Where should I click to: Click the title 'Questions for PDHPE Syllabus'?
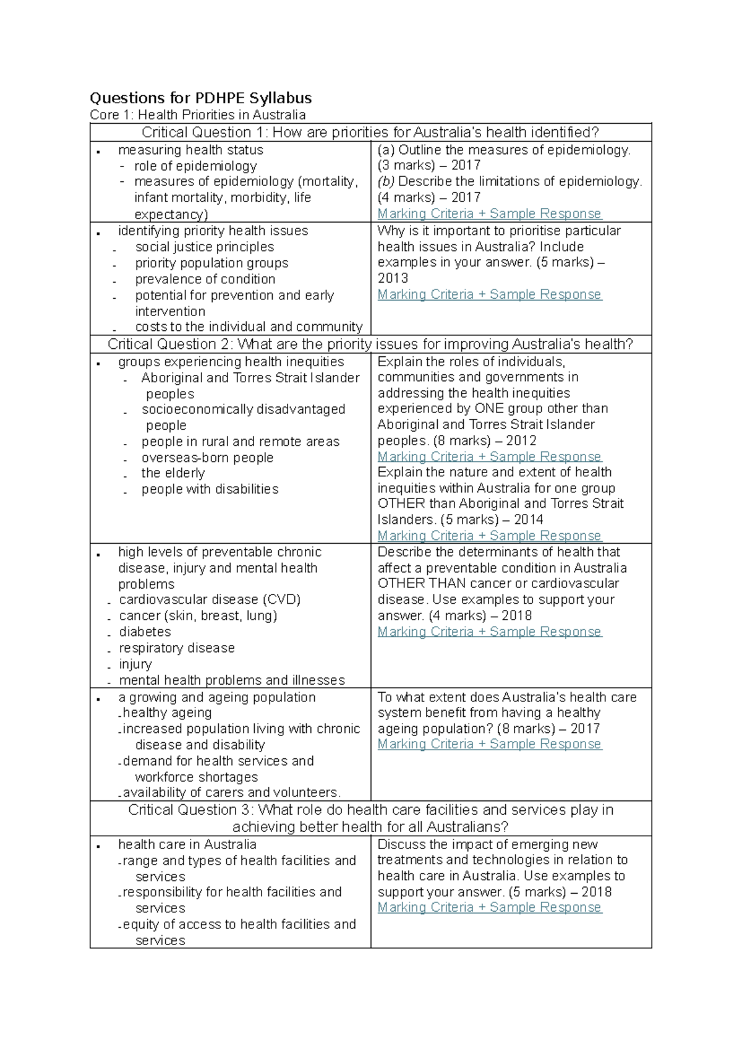200,98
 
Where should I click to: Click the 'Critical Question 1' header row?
370,132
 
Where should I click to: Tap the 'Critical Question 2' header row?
370,345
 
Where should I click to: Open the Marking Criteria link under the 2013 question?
489,294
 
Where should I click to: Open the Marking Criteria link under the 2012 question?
489,456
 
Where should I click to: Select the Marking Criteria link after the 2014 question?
489,536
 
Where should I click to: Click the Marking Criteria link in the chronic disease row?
489,632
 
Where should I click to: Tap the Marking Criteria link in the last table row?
489,907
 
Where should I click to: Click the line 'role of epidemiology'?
195,166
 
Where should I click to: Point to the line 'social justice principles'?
205,247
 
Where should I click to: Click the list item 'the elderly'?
173,473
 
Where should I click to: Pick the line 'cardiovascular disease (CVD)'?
210,600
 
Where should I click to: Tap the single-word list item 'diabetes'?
145,632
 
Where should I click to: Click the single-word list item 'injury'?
135,664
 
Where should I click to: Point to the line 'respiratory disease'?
177,648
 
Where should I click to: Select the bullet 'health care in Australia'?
187,845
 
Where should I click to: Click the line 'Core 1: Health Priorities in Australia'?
197,115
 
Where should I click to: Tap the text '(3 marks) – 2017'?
429,165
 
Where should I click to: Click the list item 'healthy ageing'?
167,713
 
